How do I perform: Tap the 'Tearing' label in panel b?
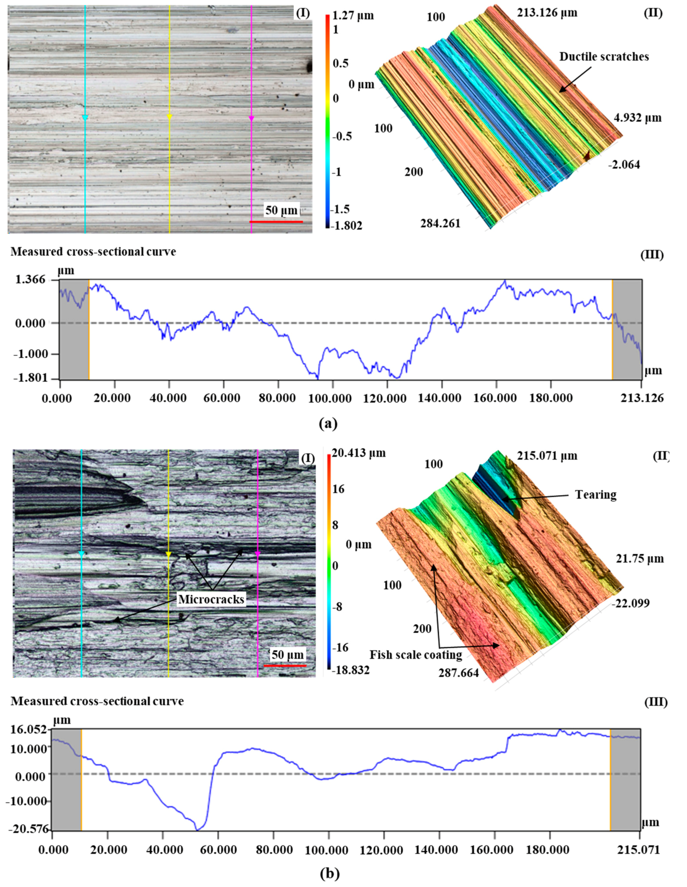[x=596, y=495]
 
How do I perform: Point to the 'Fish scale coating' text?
[x=416, y=655]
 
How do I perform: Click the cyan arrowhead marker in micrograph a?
[x=85, y=118]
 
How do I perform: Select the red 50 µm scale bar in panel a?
[x=276, y=222]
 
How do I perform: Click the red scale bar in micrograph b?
[x=285, y=666]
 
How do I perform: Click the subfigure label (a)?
[x=328, y=424]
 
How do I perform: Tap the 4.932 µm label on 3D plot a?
[x=638, y=118]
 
